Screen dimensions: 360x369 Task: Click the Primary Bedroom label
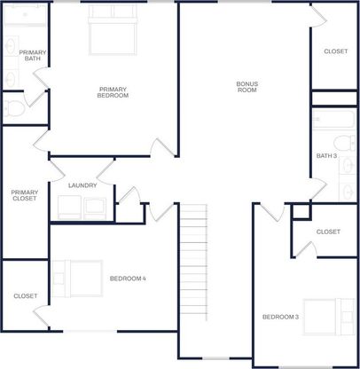[x=113, y=92]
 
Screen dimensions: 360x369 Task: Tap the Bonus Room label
[x=247, y=87]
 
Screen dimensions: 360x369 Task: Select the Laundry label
[x=82, y=185]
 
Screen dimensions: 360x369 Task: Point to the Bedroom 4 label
[x=128, y=279]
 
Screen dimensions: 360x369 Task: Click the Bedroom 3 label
[x=280, y=317]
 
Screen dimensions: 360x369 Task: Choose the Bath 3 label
[x=326, y=155]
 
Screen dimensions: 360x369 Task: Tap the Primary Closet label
[x=25, y=195]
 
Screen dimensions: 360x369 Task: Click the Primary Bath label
[x=33, y=55]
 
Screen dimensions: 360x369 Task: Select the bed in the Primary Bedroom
[x=113, y=30]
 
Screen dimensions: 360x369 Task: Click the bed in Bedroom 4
[x=77, y=279]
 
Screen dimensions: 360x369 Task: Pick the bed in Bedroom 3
[x=329, y=317]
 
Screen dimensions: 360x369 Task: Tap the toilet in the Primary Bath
[x=14, y=108]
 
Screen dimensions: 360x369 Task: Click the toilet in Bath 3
[x=345, y=144]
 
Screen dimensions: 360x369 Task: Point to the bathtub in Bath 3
[x=334, y=119]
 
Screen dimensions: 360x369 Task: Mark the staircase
[x=193, y=262]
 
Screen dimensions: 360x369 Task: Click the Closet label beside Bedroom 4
[x=26, y=296]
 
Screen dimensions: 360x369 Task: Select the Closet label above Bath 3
[x=336, y=51]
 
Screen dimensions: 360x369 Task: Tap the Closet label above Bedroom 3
[x=328, y=232]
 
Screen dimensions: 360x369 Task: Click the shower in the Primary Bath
[x=26, y=15]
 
